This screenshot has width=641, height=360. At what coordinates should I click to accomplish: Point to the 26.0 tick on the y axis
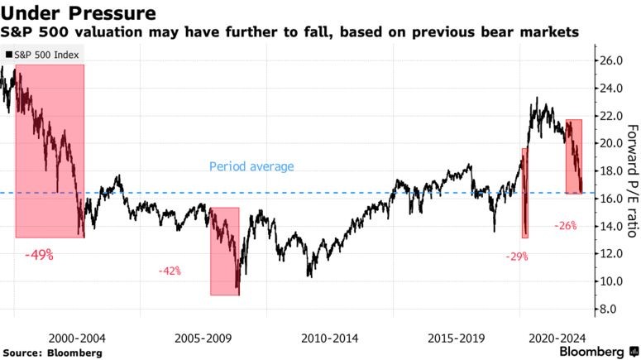(611, 60)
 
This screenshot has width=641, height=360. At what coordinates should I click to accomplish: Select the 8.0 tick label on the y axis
(609, 310)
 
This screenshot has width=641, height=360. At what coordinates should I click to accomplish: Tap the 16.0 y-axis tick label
(611, 199)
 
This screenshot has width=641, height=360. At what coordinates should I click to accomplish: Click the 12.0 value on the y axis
(611, 254)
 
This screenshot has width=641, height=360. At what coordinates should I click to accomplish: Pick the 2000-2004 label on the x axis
(77, 338)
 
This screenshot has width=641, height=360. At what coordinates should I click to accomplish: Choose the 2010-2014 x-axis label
(329, 338)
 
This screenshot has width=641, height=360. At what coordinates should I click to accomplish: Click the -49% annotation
(39, 256)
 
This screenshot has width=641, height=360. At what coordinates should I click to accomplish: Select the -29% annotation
(518, 257)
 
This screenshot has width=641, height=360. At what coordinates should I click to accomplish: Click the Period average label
(251, 166)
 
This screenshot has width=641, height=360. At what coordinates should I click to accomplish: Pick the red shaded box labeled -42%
(224, 252)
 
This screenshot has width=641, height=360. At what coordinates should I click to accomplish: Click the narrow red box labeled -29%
(524, 193)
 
